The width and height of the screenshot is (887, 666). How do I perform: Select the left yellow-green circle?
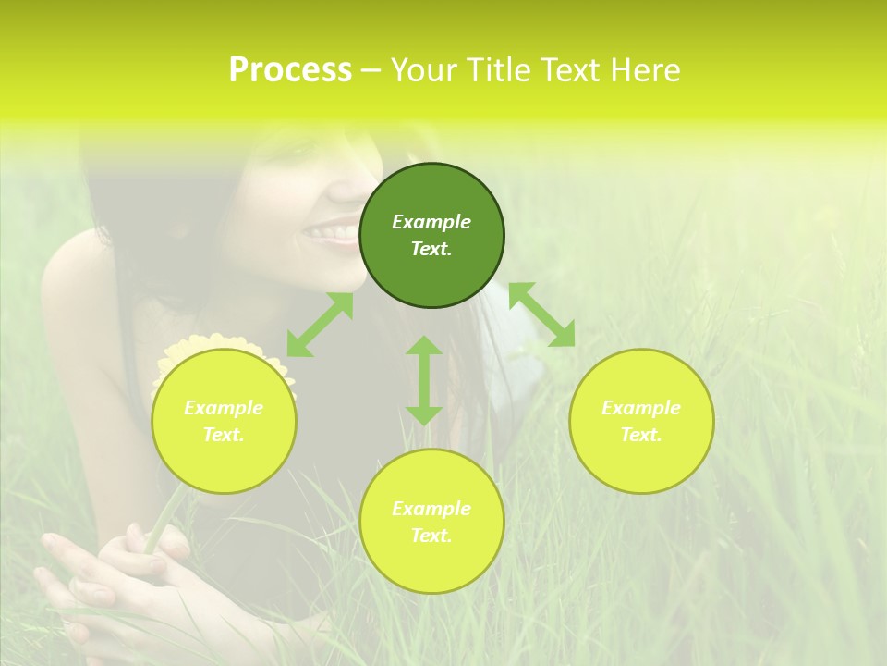point(224,421)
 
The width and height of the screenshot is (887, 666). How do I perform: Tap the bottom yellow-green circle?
point(431,522)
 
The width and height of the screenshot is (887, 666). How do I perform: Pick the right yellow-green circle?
point(641,421)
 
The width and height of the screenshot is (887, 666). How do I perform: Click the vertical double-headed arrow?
point(424,380)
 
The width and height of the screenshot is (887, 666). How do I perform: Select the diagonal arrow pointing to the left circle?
point(320,325)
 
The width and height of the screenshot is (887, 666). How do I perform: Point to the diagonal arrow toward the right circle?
point(541,314)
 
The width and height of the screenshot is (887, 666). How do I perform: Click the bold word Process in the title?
point(290,70)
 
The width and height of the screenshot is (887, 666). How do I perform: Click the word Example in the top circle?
point(431,222)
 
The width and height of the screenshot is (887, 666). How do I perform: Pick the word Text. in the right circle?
point(641,435)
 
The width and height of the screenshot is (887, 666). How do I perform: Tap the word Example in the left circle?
point(224,408)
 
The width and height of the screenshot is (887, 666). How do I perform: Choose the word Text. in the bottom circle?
point(431,536)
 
